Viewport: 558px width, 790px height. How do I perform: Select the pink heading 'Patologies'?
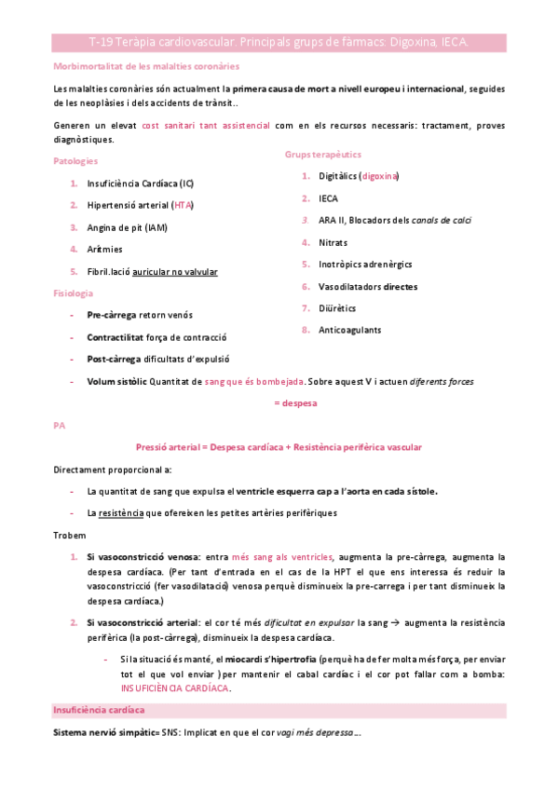(79, 161)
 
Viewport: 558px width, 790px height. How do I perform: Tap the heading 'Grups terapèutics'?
(323, 154)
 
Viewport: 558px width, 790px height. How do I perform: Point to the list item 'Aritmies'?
(104, 249)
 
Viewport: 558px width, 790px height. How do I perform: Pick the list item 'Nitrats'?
(333, 241)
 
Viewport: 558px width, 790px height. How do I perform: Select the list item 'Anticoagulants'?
(349, 330)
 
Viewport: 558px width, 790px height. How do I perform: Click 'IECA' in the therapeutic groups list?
(328, 197)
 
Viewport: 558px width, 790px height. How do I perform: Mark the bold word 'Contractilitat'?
(117, 336)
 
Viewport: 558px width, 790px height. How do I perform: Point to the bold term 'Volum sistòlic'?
(116, 380)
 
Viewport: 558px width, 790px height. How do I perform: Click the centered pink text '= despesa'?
(294, 402)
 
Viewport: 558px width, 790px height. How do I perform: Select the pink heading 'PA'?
(60, 425)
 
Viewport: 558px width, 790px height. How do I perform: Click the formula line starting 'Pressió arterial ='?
(279, 447)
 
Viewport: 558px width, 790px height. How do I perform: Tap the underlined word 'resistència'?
(120, 513)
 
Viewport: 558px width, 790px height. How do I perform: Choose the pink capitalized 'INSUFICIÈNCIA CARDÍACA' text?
(174, 688)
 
